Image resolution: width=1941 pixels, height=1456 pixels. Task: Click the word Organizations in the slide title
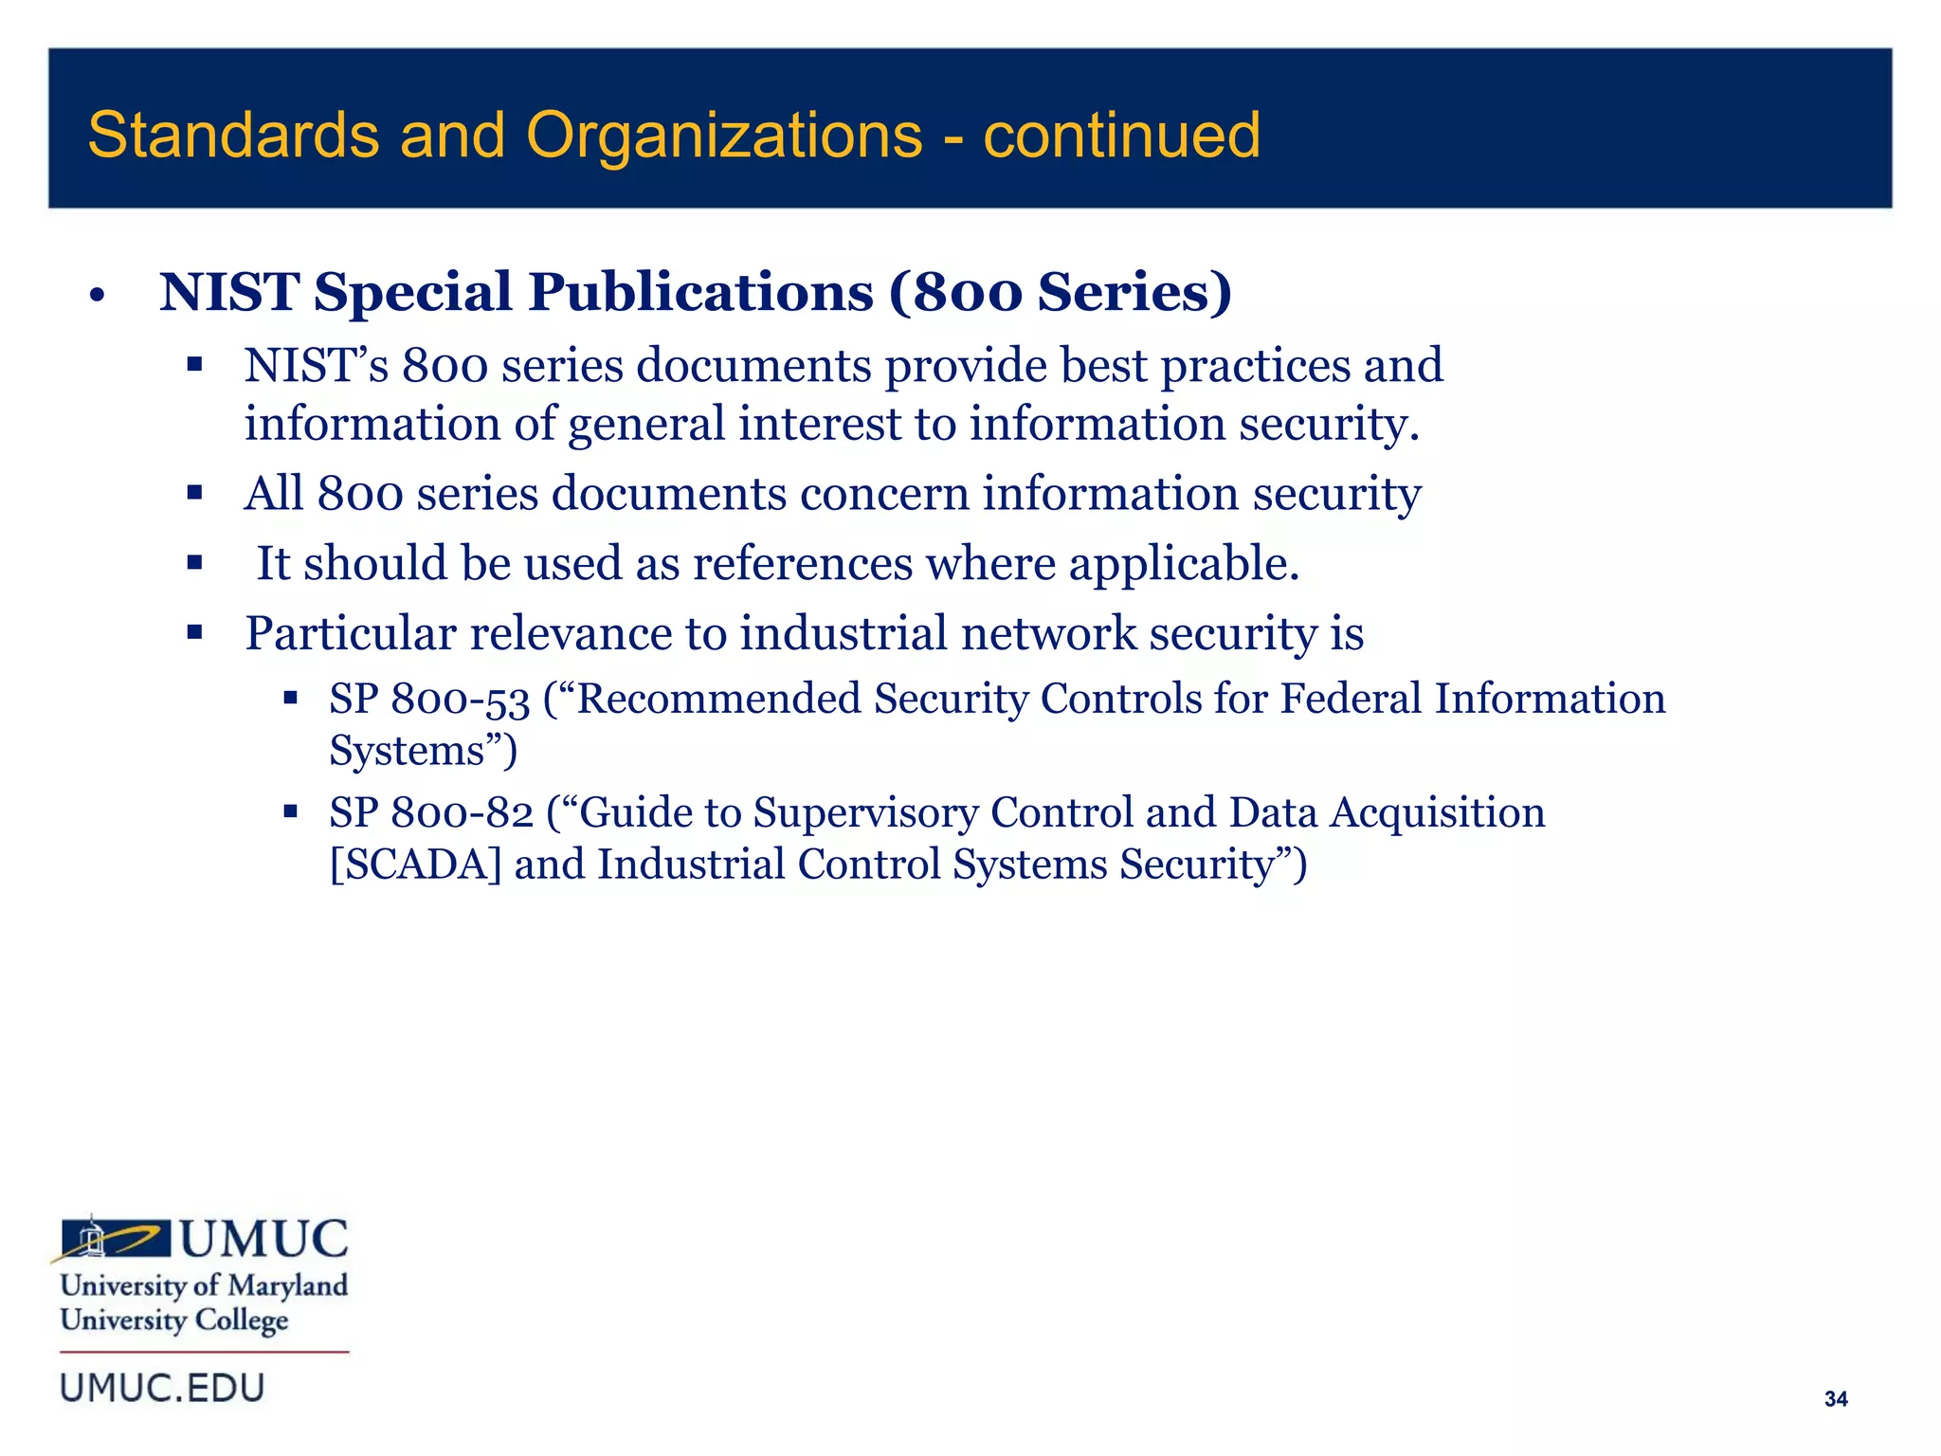pyautogui.click(x=724, y=136)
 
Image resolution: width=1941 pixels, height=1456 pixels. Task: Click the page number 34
pyautogui.click(x=1835, y=1399)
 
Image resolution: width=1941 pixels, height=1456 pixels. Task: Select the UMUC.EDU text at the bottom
pyautogui.click(x=162, y=1388)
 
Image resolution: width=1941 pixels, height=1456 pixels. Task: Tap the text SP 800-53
pyautogui.click(x=429, y=700)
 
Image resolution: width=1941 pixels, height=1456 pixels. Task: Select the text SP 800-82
pyautogui.click(x=431, y=813)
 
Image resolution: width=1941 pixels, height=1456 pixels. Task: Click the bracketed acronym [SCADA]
pyautogui.click(x=415, y=864)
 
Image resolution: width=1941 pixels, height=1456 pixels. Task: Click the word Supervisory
pyautogui.click(x=865, y=813)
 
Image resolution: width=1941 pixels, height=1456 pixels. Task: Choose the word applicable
pyautogui.click(x=1184, y=564)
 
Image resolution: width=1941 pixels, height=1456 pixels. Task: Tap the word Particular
pyautogui.click(x=351, y=633)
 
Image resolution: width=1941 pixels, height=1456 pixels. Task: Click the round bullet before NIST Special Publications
pyautogui.click(x=96, y=296)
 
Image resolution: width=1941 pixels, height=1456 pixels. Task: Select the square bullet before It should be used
pyautogui.click(x=195, y=563)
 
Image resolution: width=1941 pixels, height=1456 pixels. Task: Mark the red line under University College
pyautogui.click(x=205, y=1352)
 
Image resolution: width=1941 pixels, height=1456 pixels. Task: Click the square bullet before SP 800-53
pyautogui.click(x=291, y=700)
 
